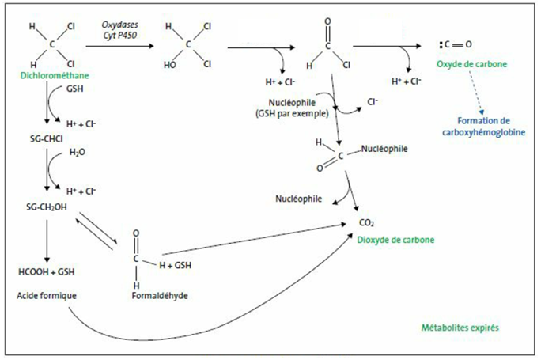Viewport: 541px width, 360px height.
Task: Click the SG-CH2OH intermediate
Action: pyautogui.click(x=47, y=207)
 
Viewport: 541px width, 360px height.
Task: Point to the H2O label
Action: pyautogui.click(x=77, y=151)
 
